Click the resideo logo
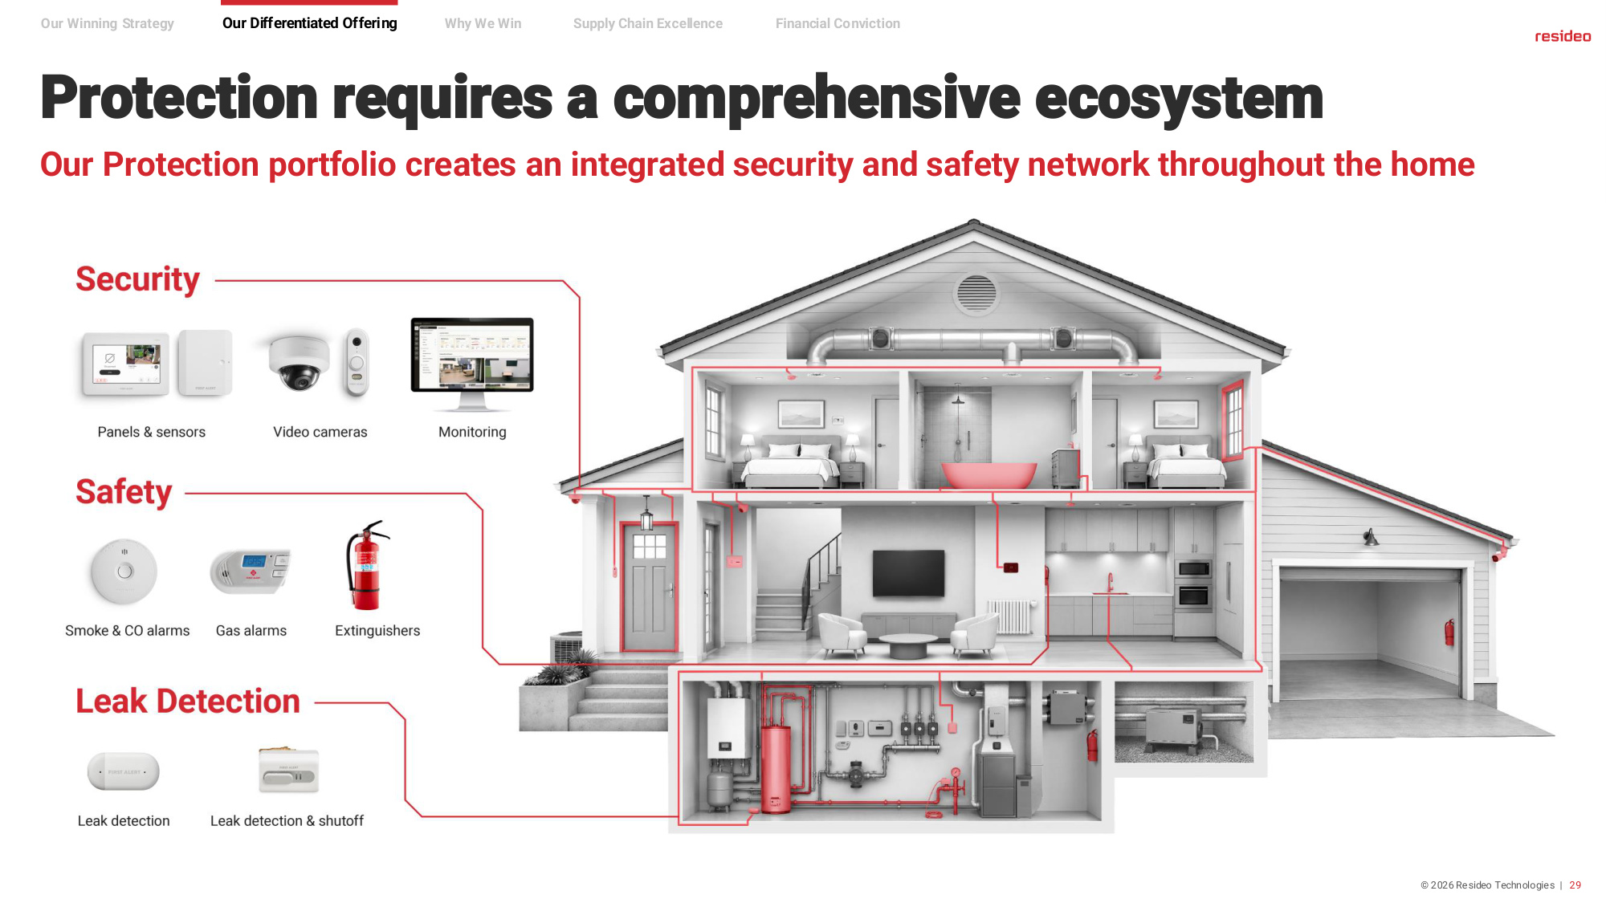click(1562, 36)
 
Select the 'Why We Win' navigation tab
click(483, 23)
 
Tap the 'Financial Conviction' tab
click(838, 23)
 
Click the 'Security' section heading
click(137, 279)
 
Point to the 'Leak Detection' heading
click(188, 701)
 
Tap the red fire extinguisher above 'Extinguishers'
click(367, 565)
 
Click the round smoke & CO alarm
click(124, 571)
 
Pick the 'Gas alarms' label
click(251, 631)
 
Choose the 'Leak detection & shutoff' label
click(287, 821)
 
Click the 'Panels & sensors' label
click(151, 432)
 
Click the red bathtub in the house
click(988, 474)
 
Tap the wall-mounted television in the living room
click(908, 572)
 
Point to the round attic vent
click(976, 292)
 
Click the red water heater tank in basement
click(776, 767)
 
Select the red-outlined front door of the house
click(649, 587)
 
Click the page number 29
click(1575, 885)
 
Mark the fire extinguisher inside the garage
click(1449, 632)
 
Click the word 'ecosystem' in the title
click(1179, 98)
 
